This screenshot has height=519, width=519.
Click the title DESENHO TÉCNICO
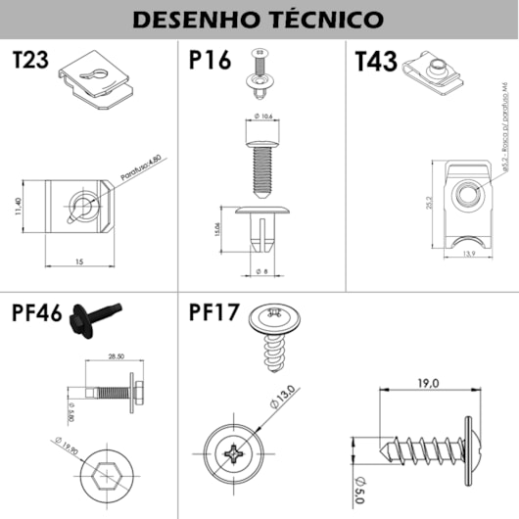259,19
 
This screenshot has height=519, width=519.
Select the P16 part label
210,61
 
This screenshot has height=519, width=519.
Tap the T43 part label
376,64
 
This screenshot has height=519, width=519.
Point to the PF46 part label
37,314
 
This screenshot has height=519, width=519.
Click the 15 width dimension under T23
77,262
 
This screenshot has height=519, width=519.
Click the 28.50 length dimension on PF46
116,356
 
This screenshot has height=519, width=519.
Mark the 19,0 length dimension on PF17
428,384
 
